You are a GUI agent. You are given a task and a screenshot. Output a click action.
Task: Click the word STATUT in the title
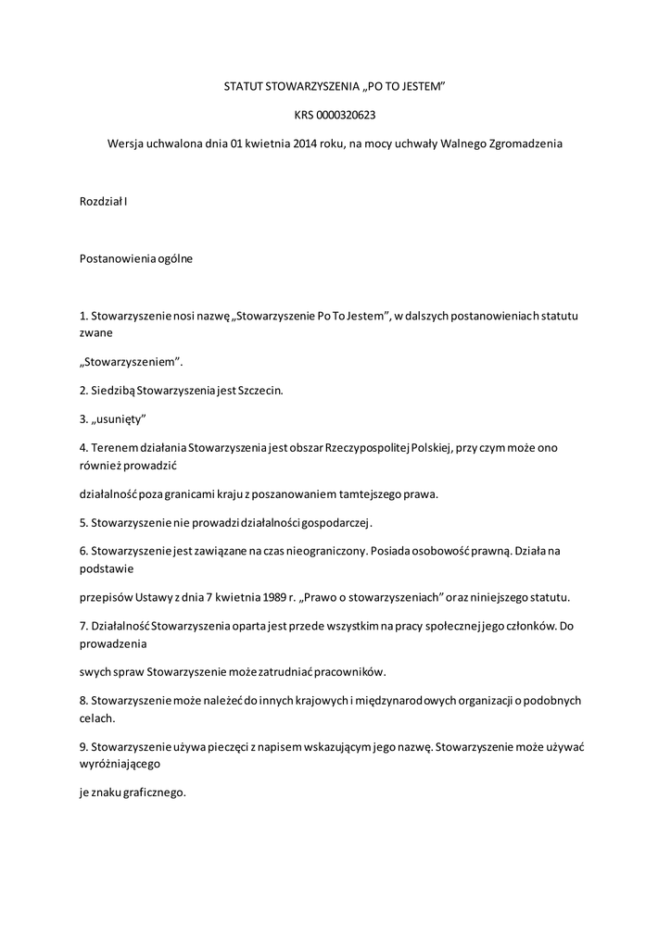[x=243, y=86]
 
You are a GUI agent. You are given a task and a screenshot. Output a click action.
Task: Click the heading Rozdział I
[x=103, y=201]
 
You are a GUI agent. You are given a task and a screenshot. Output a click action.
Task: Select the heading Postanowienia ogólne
[x=136, y=258]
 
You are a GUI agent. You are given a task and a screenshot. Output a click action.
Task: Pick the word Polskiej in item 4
[x=428, y=448]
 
